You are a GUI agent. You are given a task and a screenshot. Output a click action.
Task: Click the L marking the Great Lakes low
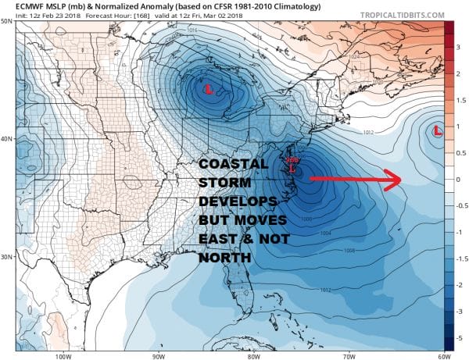click(x=209, y=90)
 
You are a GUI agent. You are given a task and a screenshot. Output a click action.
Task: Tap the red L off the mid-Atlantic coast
click(x=292, y=167)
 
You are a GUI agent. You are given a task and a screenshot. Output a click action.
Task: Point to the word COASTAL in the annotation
click(x=232, y=165)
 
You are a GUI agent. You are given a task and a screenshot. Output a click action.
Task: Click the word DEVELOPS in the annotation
click(x=235, y=202)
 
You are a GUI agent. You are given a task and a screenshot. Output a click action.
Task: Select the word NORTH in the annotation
click(x=224, y=258)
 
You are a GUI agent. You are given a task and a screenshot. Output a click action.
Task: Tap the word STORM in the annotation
click(x=224, y=184)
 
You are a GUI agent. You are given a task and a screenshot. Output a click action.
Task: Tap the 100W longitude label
click(x=63, y=356)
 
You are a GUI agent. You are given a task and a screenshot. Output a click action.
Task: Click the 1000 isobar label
click(x=306, y=218)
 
